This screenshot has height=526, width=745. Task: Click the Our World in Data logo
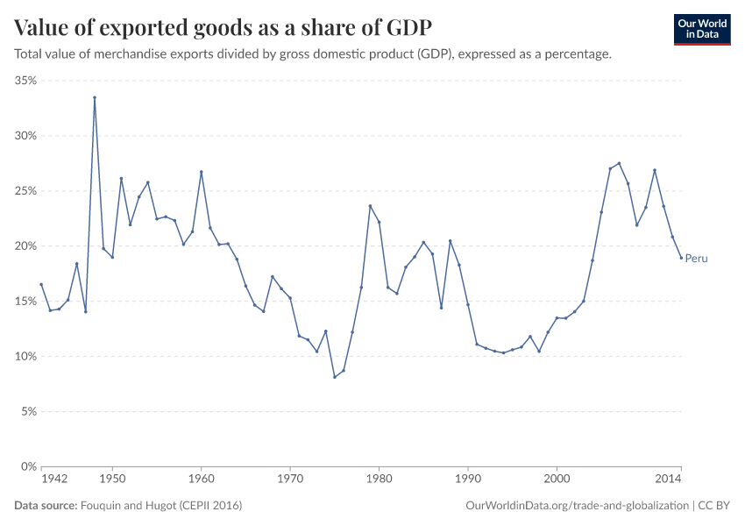(x=701, y=29)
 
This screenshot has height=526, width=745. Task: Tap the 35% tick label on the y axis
(x=25, y=81)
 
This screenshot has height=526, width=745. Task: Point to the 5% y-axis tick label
(x=27, y=411)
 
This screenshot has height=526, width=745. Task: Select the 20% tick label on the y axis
(x=25, y=246)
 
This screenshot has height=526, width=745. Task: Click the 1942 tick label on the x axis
(x=54, y=480)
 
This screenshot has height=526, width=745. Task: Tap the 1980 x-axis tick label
(x=379, y=480)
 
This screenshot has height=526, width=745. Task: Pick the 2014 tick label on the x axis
(x=670, y=480)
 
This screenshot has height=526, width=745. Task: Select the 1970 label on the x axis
(x=290, y=480)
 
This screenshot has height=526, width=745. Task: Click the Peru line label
(x=696, y=259)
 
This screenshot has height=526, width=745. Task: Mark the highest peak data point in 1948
(x=95, y=97)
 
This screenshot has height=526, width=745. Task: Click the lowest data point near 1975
(x=334, y=377)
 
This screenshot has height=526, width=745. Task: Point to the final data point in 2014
(x=681, y=258)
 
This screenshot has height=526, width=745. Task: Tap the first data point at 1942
(x=41, y=284)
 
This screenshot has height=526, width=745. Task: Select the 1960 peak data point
(x=201, y=172)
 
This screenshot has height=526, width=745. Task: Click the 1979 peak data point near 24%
(x=370, y=206)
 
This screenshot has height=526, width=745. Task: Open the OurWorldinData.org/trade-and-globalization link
(x=578, y=506)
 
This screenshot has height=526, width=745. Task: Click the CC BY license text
(x=714, y=506)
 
